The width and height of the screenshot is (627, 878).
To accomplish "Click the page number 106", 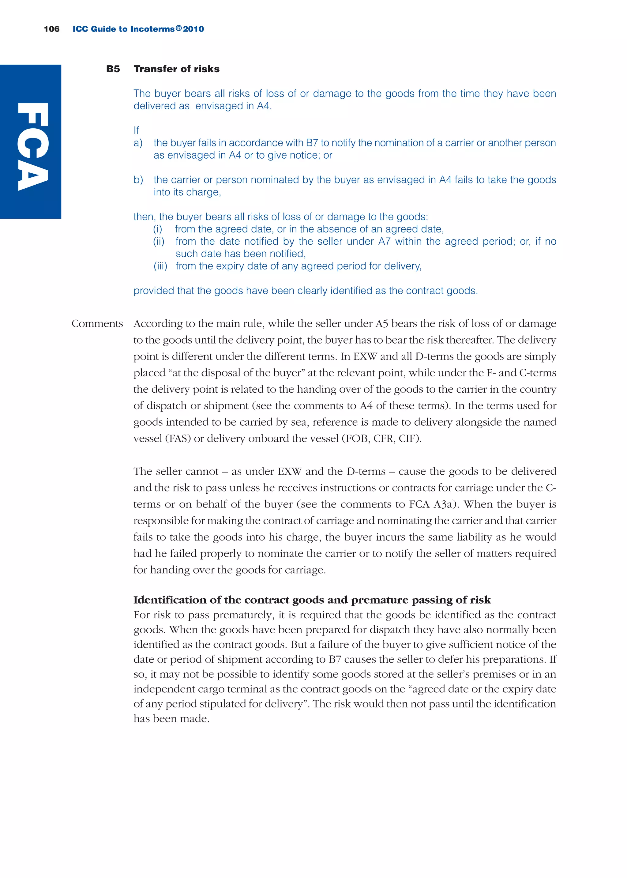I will tap(52, 29).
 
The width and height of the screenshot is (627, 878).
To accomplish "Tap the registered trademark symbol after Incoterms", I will tap(178, 28).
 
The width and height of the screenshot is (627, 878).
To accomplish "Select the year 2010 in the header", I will tap(194, 29).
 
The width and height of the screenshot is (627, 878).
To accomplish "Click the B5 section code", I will tap(113, 69).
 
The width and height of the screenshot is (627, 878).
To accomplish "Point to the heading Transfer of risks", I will tap(176, 69).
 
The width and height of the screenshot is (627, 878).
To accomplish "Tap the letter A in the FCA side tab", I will tap(33, 176).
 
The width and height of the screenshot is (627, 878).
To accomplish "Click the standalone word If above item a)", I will tap(136, 130).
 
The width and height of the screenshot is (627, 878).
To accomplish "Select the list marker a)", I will tap(138, 143).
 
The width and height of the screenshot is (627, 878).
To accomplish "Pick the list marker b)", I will tap(138, 180).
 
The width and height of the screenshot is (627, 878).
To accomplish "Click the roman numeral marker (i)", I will tap(158, 229).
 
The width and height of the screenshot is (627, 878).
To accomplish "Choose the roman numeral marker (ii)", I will tap(159, 241).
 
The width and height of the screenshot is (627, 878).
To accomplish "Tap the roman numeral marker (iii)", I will tap(160, 266).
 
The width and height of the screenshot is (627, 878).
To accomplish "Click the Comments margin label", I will tap(97, 324).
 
